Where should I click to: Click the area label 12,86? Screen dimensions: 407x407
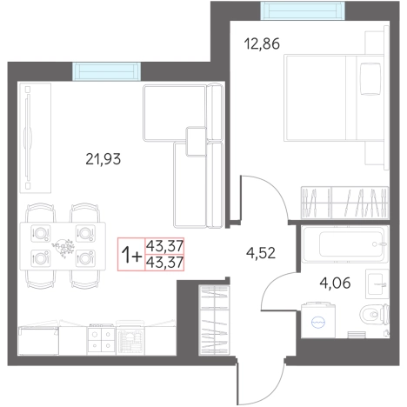[262, 44]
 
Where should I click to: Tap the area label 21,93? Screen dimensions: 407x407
[103, 159]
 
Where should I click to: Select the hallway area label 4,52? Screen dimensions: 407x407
[261, 253]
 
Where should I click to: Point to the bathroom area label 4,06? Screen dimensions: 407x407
[335, 283]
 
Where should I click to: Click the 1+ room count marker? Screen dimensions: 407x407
[131, 255]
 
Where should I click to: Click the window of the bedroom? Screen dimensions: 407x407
[303, 10]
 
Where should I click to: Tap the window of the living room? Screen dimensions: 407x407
[106, 71]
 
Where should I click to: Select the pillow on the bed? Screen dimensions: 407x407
[370, 79]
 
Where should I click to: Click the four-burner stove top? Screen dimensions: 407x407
[101, 340]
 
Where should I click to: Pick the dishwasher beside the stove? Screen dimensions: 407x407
[130, 338]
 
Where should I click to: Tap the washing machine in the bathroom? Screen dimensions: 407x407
[318, 320]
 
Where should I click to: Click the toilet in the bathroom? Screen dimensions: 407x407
[375, 314]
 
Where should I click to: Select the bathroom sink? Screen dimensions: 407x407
[377, 284]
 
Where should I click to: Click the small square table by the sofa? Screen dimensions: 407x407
[197, 142]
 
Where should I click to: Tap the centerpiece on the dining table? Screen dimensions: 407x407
[63, 246]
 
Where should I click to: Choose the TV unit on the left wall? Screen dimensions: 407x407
[36, 138]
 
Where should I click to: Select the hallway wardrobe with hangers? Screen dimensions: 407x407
[214, 320]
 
